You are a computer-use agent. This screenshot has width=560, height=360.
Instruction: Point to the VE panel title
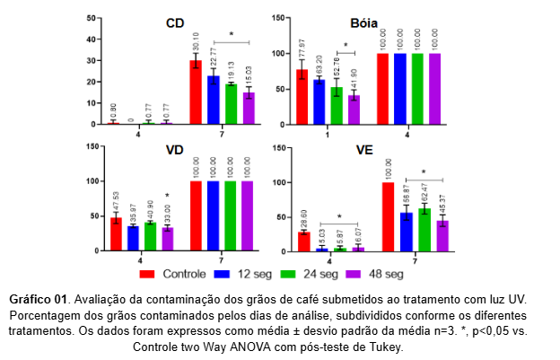363,150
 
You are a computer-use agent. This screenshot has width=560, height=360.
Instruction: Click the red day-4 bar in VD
116,234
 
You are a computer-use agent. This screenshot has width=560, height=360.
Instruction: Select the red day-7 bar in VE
388,216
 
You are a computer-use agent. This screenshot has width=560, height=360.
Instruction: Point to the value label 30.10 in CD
196,41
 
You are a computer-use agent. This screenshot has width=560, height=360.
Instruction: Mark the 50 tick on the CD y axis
92,18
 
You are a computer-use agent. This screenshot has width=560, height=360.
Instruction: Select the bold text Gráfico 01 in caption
39,298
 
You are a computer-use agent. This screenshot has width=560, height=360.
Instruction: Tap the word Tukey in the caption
384,347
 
